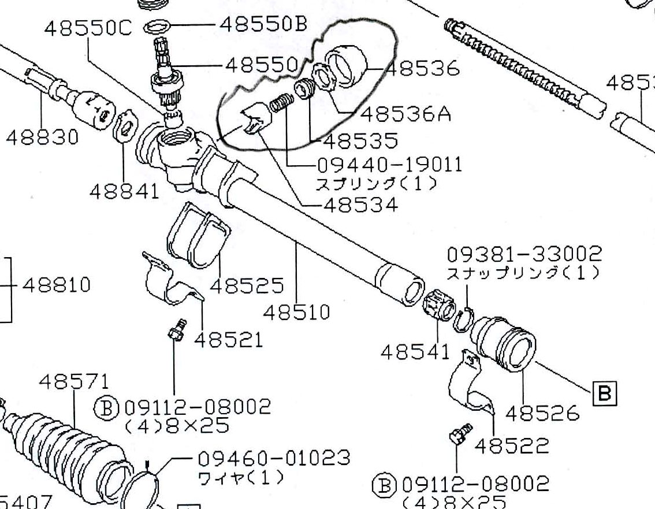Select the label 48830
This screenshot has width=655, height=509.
pos(41,138)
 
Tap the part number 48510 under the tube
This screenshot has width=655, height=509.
pos(296,313)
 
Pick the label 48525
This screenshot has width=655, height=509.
pos(247,285)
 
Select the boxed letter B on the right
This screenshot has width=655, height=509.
pos(604,393)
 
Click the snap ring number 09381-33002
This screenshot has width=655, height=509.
pos(524,254)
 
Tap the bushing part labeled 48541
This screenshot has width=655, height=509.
pos(438,306)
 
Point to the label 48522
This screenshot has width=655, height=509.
pos(512,445)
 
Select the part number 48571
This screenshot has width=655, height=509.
pos(74,381)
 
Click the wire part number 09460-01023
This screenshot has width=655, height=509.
pos(274,458)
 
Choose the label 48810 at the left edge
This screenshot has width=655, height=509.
pos(56,285)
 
